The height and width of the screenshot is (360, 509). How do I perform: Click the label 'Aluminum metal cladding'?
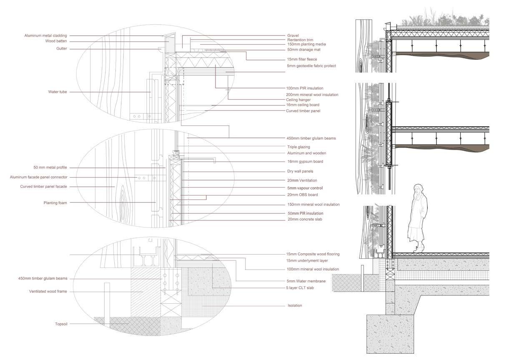pyautogui.click(x=45, y=36)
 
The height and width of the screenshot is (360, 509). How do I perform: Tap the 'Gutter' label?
pyautogui.click(x=61, y=49)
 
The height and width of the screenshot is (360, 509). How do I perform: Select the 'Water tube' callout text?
pyautogui.click(x=57, y=92)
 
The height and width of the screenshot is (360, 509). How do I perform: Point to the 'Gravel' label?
pyautogui.click(x=293, y=36)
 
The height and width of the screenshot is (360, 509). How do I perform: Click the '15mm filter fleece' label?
pyautogui.click(x=302, y=59)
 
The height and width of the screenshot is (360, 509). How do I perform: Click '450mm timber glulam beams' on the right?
pyautogui.click(x=311, y=138)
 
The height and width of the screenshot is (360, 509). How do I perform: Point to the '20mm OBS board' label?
pyautogui.click(x=302, y=195)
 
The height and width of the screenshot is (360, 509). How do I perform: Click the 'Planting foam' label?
pyautogui.click(x=55, y=203)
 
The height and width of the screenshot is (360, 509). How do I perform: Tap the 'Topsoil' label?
pyautogui.click(x=61, y=323)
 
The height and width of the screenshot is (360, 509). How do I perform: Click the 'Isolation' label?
pyautogui.click(x=295, y=305)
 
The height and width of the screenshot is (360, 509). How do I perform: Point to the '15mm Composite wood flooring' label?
pyautogui.click(x=313, y=254)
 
